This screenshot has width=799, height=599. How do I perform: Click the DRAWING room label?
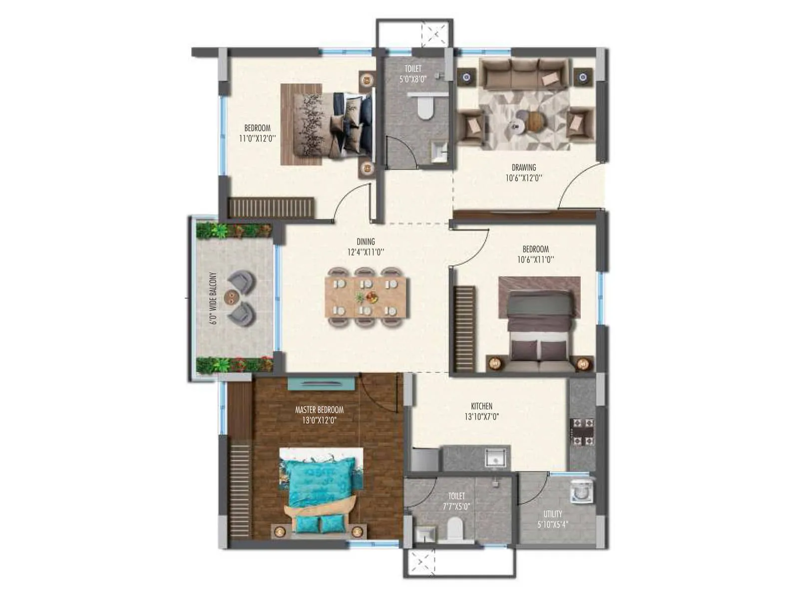(523, 168)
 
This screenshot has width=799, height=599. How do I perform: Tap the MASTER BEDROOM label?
(319, 410)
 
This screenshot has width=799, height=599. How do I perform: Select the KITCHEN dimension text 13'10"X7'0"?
(481, 416)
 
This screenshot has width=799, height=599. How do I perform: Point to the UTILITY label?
(553, 514)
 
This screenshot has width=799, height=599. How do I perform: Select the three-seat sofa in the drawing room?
(524, 73)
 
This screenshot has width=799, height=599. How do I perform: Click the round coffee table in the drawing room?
(534, 121)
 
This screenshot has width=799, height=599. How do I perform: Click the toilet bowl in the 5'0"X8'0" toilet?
(425, 108)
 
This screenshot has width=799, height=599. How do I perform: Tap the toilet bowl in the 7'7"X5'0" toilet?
(455, 529)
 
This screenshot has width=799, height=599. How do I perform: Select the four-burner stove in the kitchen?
(582, 432)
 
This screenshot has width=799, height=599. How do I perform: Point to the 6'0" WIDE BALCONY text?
(213, 299)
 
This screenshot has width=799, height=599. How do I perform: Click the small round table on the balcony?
(231, 297)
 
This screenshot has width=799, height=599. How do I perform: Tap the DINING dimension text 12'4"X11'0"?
(366, 253)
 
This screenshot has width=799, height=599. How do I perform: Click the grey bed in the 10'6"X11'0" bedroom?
(539, 324)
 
